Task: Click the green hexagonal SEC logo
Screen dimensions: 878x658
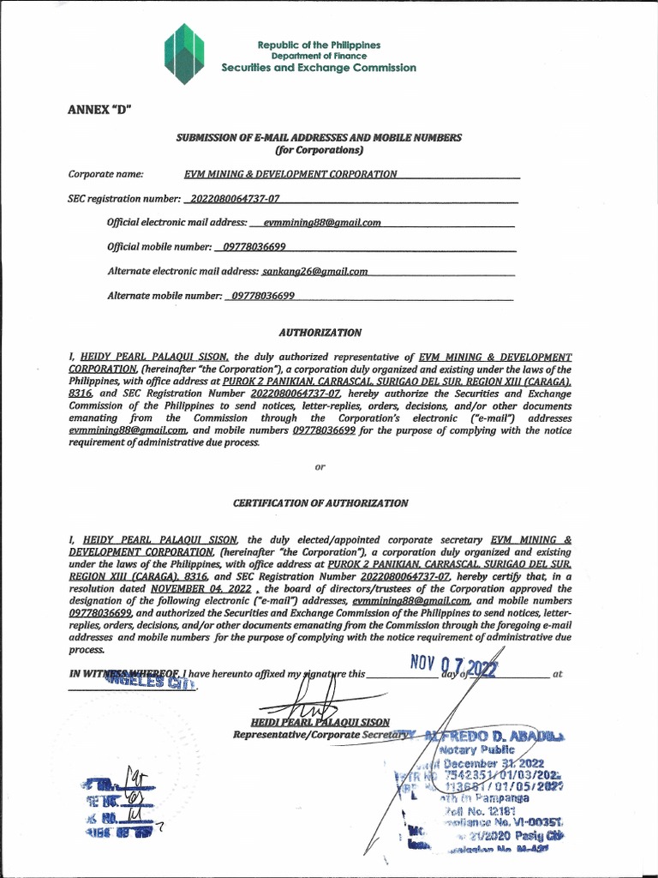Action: point(183,53)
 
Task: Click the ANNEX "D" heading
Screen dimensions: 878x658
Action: point(99,109)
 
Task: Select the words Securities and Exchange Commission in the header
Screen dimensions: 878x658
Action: point(319,68)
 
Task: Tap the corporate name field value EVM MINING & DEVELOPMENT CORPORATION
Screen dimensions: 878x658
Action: point(290,174)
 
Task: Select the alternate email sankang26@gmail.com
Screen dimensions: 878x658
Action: point(314,271)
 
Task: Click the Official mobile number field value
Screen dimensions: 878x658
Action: point(254,247)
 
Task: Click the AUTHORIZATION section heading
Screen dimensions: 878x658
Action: point(320,332)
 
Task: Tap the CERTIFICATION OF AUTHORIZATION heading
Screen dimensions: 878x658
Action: point(320,502)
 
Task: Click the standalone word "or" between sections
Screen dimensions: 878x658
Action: point(320,466)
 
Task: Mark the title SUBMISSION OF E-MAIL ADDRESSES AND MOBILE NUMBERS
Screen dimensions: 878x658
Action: point(319,137)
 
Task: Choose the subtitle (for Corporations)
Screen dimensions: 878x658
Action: point(320,150)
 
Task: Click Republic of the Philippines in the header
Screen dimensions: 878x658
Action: point(319,45)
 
